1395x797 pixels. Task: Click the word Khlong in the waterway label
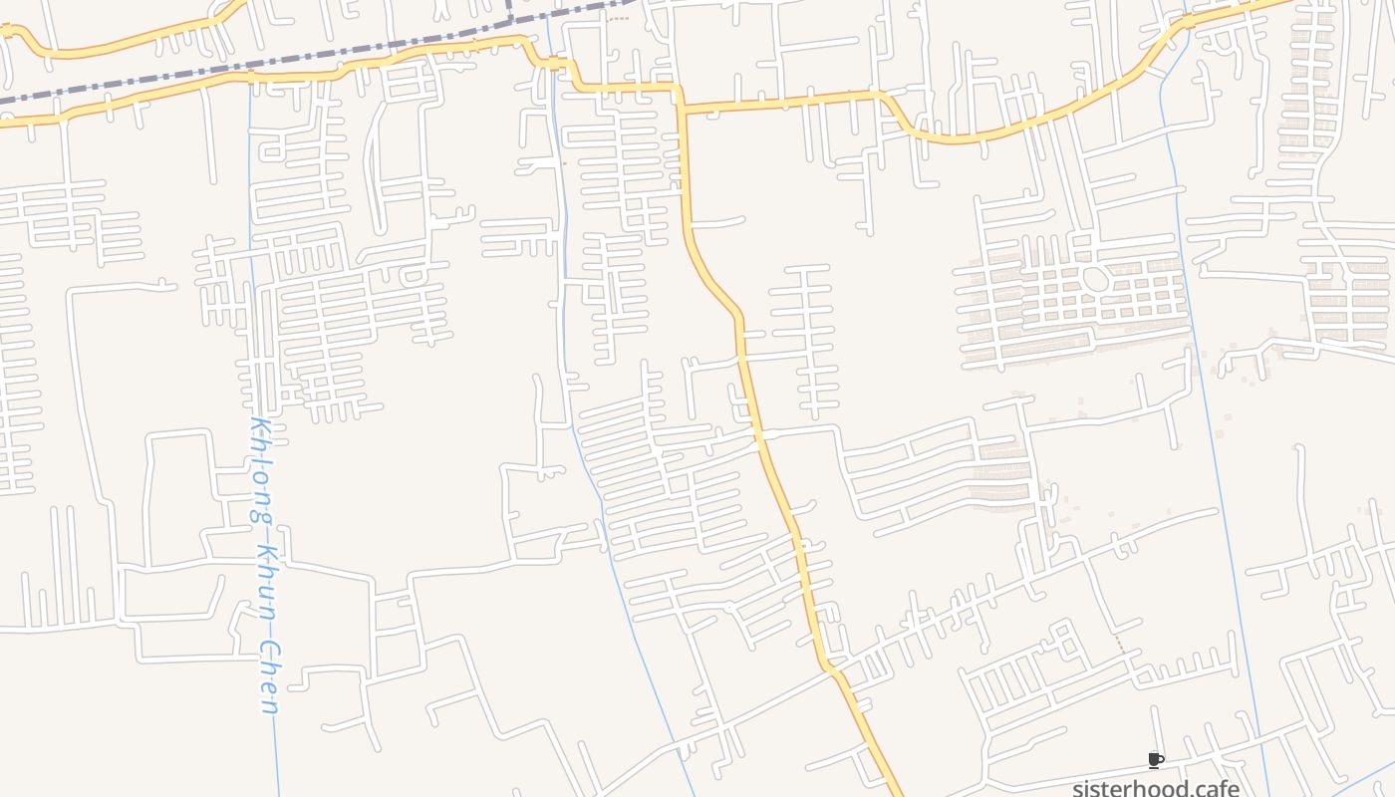[262, 473]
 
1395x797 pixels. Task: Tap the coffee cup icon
[1156, 760]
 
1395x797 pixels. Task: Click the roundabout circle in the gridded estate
[1095, 278]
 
